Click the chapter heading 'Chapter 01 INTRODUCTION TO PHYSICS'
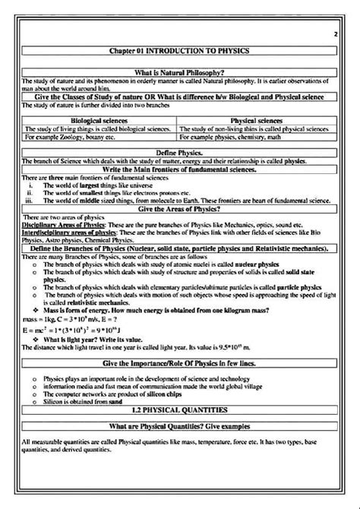[x=180, y=50]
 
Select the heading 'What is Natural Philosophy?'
[x=180, y=72]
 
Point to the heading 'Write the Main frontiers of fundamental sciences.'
[x=180, y=168]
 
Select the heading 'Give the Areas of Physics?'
[x=180, y=208]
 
